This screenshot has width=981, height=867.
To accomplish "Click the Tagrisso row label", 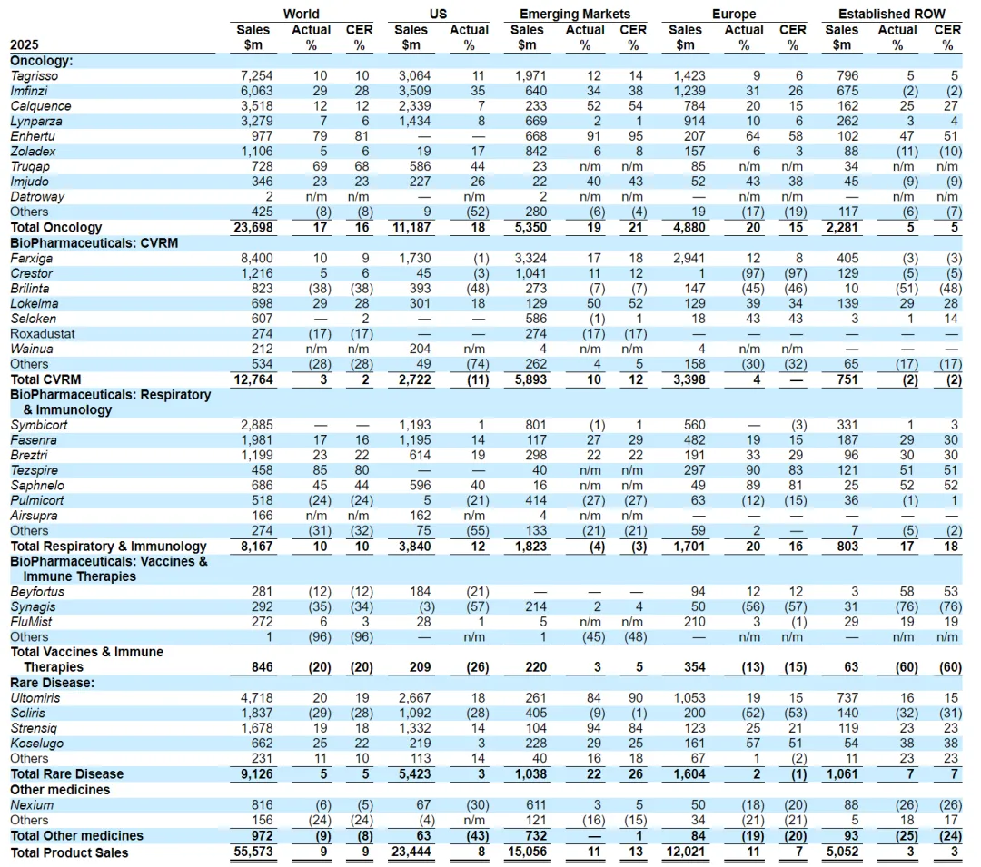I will [x=35, y=75].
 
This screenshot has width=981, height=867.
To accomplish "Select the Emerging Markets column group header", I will [x=574, y=14].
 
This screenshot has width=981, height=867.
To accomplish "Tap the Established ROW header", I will [x=891, y=14].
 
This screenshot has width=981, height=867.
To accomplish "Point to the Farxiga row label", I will [x=31, y=258].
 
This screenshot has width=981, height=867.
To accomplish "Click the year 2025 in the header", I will [x=25, y=44].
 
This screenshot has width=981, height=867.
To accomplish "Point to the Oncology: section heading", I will [x=41, y=60].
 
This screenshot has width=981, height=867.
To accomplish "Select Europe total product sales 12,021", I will [x=683, y=852].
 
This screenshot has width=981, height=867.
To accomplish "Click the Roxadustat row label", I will [x=42, y=333].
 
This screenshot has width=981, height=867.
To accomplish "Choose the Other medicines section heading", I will [x=59, y=789].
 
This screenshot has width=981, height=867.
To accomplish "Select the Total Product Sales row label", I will [x=69, y=852].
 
